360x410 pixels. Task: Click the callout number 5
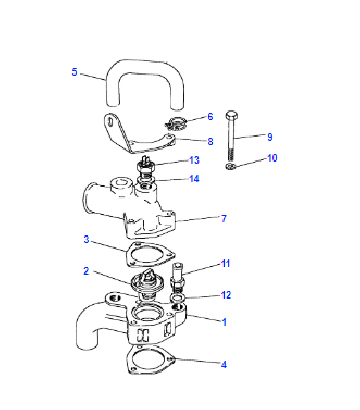coord(74,72)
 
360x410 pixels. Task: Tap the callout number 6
coord(210,116)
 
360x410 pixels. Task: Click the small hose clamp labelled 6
coord(176,123)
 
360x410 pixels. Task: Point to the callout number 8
coord(210,141)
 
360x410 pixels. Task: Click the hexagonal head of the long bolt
coord(231,116)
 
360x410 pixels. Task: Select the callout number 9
coord(269,137)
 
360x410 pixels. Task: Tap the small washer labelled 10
coord(231,166)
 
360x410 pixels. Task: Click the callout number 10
coord(272,158)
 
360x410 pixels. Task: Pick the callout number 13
coord(194,160)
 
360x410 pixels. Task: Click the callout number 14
coord(194,179)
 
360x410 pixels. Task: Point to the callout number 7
coord(224,218)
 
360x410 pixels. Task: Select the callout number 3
coord(86,239)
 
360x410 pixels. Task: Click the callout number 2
coord(86,271)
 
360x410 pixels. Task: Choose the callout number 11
coord(226,263)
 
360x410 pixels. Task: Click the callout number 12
coord(226,295)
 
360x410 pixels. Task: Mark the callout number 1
coord(224,322)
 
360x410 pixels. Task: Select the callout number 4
coord(224,365)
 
